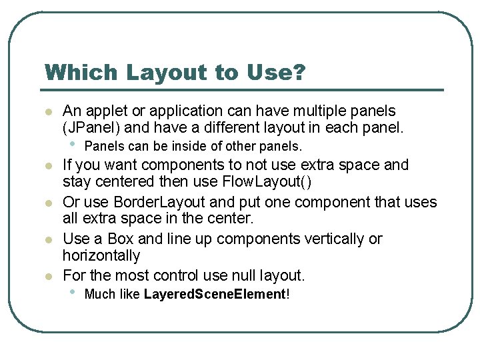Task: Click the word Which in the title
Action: coord(73,72)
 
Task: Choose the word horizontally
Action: coord(101,255)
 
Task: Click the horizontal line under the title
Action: coord(244,90)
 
